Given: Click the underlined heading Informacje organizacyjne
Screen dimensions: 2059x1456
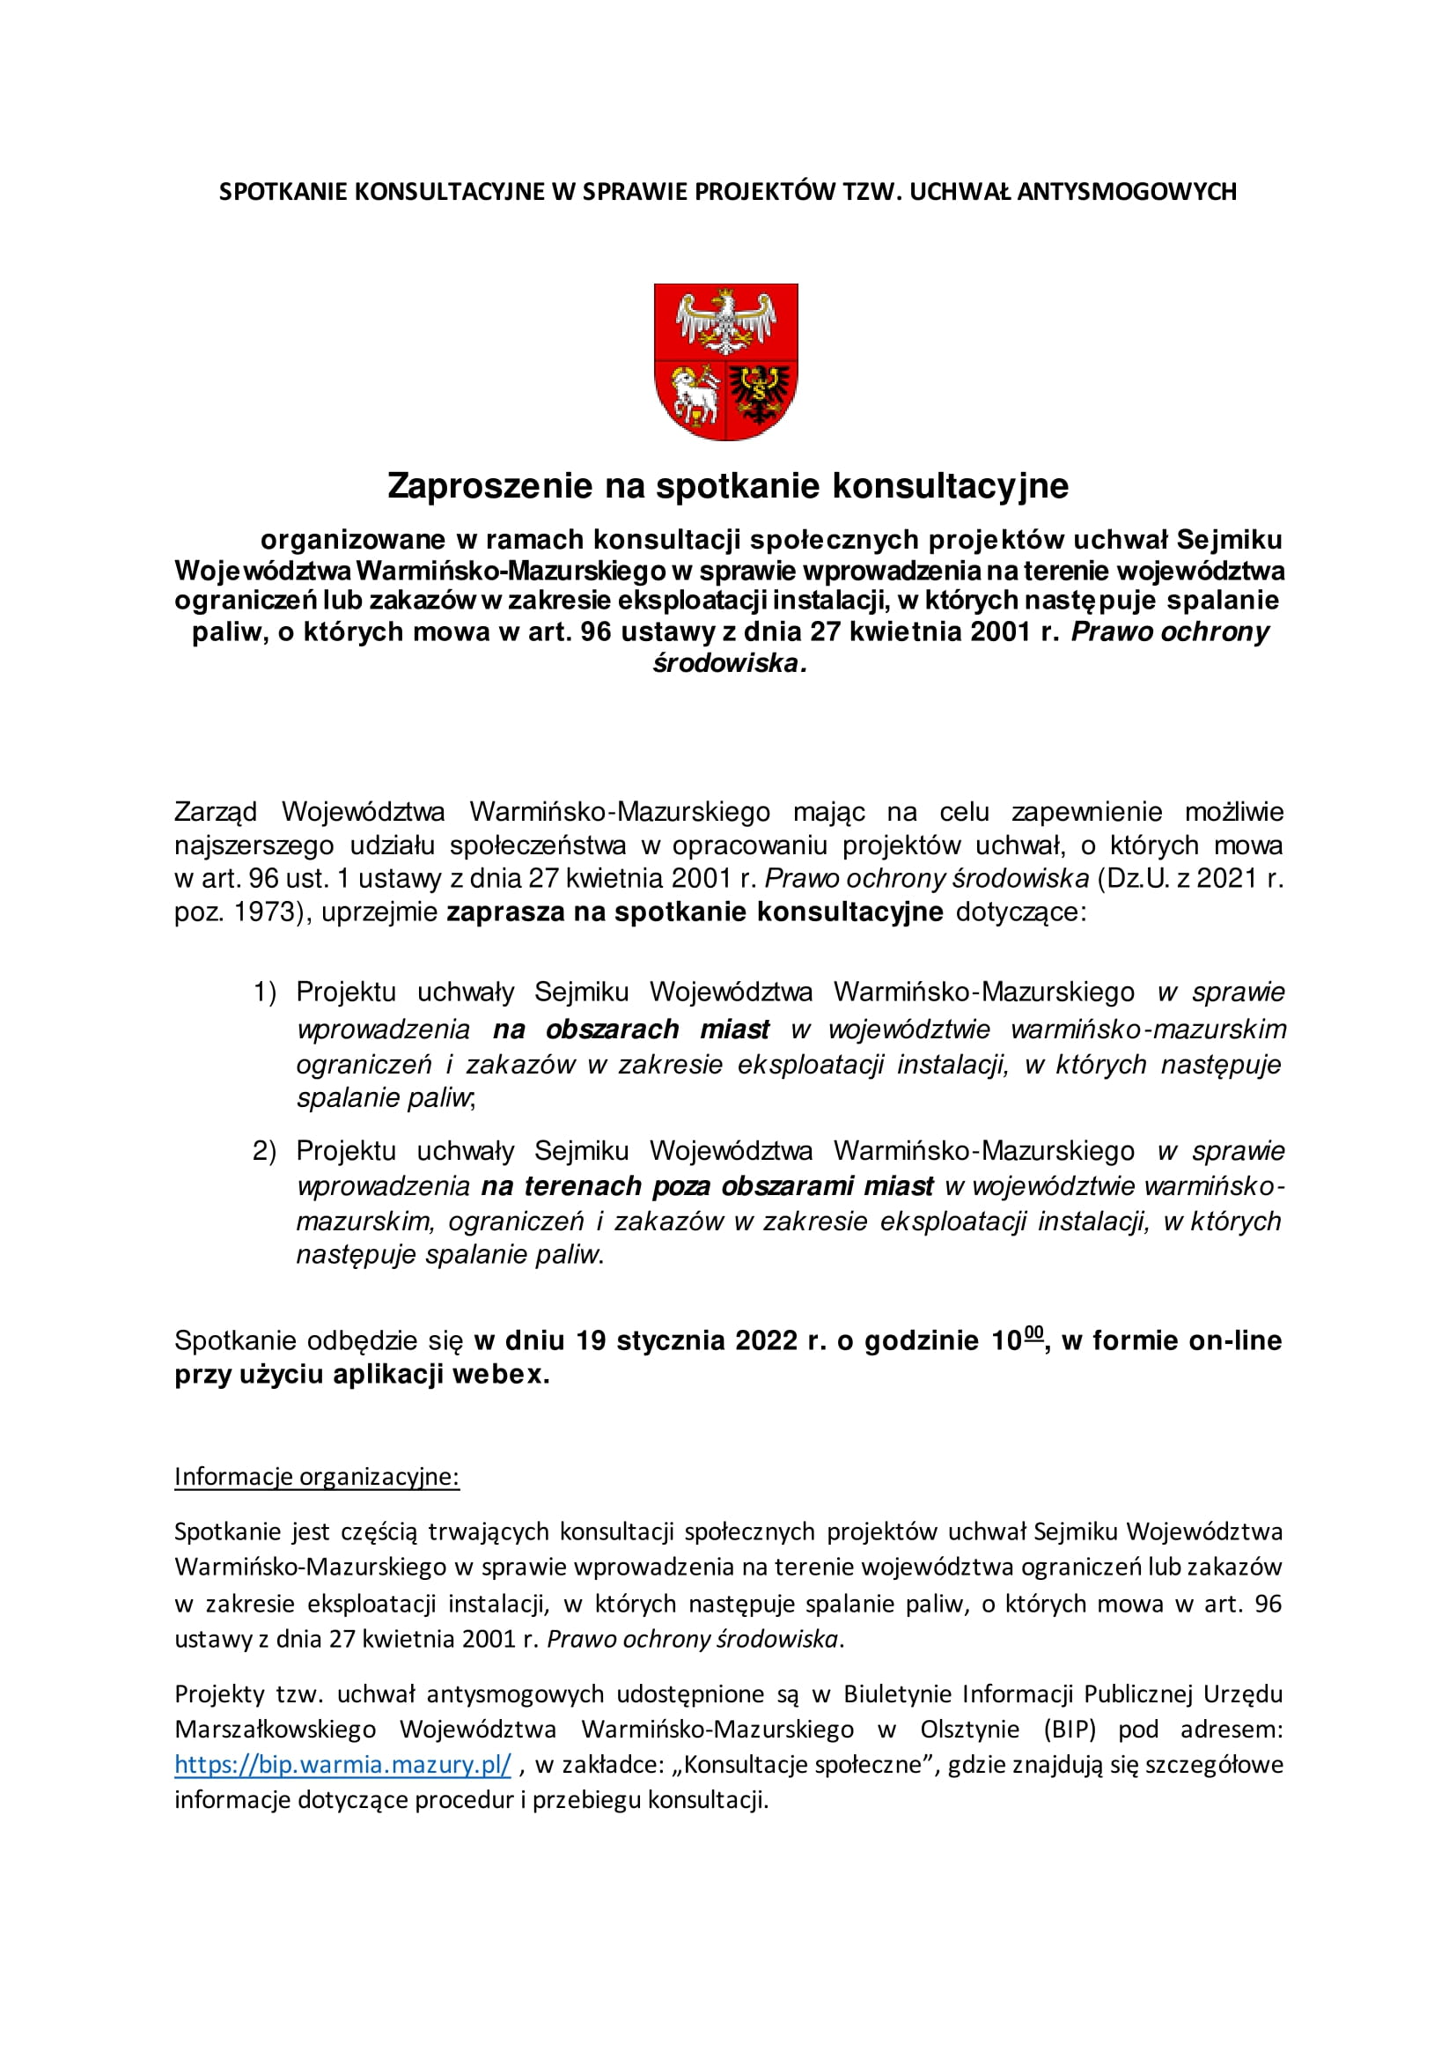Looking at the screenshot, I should [x=317, y=1477].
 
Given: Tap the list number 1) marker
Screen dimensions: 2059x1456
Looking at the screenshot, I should [x=263, y=993].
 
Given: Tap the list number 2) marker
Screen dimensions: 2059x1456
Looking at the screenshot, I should [x=263, y=1151].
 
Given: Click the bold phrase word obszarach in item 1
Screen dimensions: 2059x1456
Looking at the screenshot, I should [x=613, y=1029].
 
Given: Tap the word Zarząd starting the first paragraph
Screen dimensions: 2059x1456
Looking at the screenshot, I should [x=216, y=813].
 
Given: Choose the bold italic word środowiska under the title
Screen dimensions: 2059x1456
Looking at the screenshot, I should [x=727, y=664].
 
